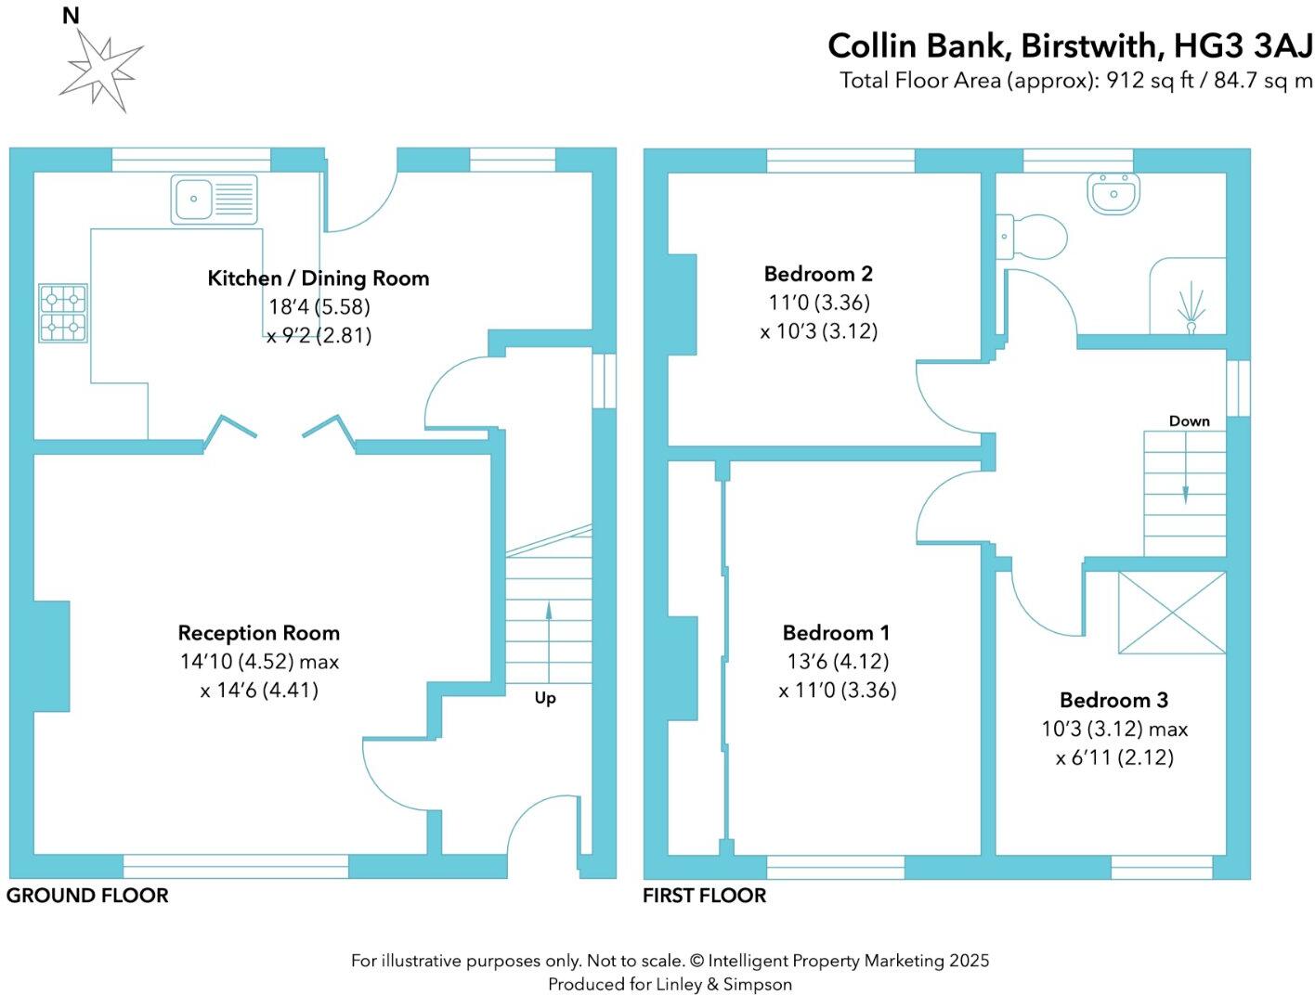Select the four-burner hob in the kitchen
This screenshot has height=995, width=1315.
[63, 313]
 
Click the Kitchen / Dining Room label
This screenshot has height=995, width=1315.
[318, 278]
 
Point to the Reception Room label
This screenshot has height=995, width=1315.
[258, 633]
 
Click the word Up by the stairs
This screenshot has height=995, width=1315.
[545, 698]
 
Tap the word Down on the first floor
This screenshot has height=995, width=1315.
[1189, 421]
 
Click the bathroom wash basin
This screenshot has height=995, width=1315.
[1111, 194]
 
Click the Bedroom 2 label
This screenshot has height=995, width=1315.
[817, 274]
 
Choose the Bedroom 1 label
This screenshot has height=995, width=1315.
[836, 633]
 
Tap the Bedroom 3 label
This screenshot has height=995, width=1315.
[1113, 700]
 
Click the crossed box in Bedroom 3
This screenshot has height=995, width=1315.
[1171, 612]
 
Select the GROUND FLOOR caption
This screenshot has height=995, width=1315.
[87, 896]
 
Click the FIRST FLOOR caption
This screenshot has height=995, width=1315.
[704, 896]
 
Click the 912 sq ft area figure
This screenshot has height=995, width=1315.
[1143, 81]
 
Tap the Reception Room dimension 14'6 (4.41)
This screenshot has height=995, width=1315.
[259, 691]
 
